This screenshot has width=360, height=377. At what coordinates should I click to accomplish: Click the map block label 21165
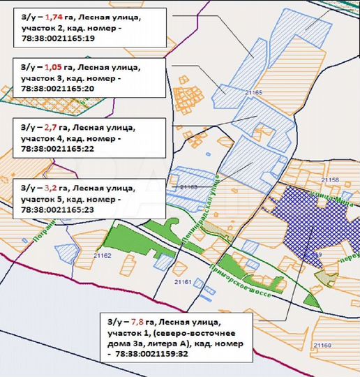click(x=252, y=92)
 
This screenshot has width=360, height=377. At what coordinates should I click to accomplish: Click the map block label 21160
click(x=323, y=345)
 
